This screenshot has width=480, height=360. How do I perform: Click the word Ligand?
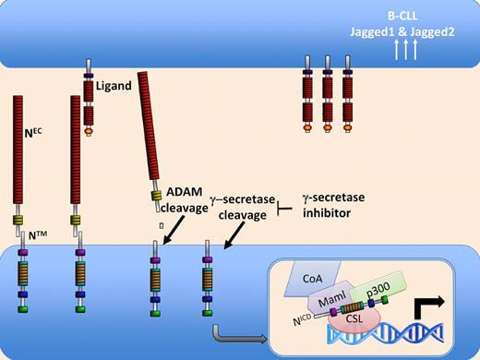113,89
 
